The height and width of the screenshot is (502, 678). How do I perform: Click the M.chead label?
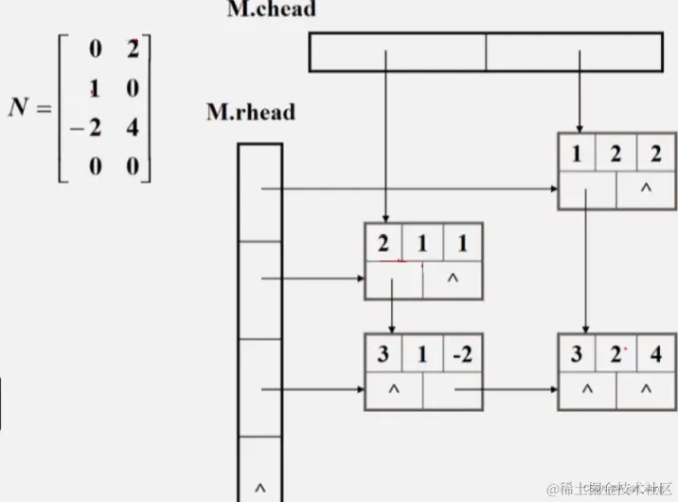pos(272,10)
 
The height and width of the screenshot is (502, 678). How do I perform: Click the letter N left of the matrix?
pos(20,107)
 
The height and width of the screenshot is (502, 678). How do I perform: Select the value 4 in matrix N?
pos(132,126)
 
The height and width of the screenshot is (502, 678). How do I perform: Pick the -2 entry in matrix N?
pos(88,126)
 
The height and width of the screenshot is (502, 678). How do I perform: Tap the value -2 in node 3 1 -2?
pos(461,355)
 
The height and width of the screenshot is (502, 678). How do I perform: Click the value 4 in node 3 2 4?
pos(654,355)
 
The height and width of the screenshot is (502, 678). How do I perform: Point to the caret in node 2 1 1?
pos(452,279)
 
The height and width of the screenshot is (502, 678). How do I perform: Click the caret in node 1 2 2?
pos(646,188)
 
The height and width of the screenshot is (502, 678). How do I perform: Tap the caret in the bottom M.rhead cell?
pos(259,488)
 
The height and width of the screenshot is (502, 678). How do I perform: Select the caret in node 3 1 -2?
pos(394,389)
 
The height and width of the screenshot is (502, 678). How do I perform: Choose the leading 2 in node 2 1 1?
pos(384,243)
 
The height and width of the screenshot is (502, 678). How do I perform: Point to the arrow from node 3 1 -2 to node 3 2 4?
pos(507,389)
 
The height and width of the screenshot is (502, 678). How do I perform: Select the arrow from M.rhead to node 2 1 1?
pos(312,279)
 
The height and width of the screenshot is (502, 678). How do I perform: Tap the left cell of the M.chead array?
pos(398,52)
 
